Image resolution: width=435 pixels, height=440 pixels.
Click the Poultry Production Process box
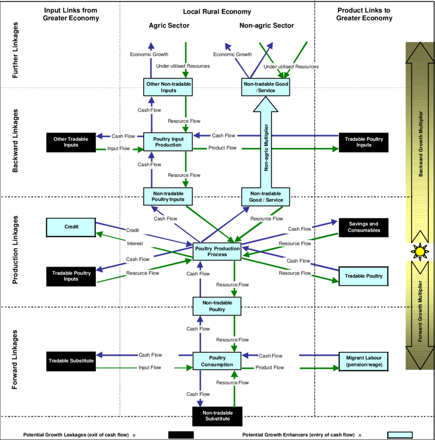pyautogui.click(x=217, y=251)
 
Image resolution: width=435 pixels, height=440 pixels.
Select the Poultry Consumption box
pyautogui.click(x=217, y=361)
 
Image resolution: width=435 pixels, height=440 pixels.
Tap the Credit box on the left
pyautogui.click(x=71, y=227)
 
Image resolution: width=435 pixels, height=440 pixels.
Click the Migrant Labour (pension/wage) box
pyautogui.click(x=364, y=361)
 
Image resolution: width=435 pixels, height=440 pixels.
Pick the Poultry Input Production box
pyautogui.click(x=168, y=142)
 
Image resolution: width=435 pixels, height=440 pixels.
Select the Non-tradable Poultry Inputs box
pyautogui.click(x=168, y=196)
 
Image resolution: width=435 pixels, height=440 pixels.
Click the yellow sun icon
pyautogui.click(x=420, y=251)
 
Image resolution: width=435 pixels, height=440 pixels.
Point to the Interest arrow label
pyautogui.click(x=135, y=244)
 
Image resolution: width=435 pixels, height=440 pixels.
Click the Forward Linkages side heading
pyautogui.click(x=15, y=360)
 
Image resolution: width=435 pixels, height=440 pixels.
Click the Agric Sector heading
pyautogui.click(x=169, y=26)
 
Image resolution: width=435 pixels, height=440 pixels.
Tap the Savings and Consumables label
pyautogui.click(x=364, y=227)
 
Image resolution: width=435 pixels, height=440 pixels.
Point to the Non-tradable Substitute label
pyautogui.click(x=217, y=415)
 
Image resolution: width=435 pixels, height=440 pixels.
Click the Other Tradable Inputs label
pyautogui.click(x=71, y=142)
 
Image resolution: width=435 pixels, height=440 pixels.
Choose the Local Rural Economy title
pyautogui.click(x=217, y=12)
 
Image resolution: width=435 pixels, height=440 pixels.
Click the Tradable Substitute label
pyautogui.click(x=71, y=361)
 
